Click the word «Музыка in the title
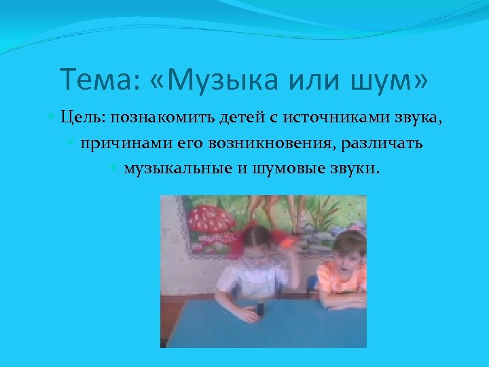click(x=221, y=81)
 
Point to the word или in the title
click(x=316, y=81)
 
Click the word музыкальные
click(x=178, y=168)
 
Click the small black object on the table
click(x=259, y=310)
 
